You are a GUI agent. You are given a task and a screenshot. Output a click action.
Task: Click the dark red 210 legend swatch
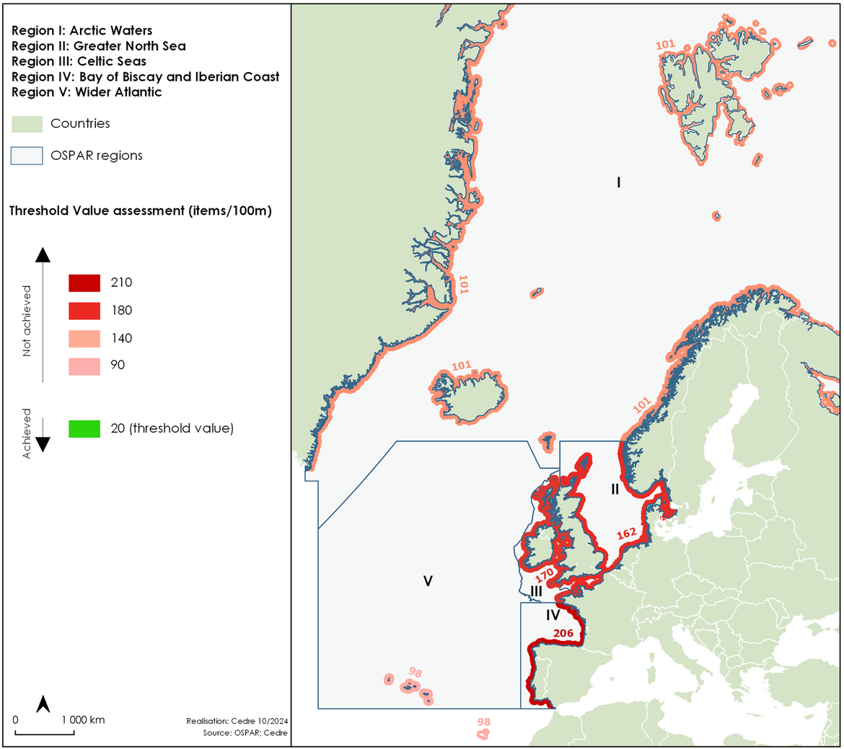point(84,283)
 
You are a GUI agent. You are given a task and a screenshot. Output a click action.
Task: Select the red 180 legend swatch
point(84,311)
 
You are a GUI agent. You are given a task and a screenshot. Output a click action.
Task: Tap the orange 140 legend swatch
point(84,338)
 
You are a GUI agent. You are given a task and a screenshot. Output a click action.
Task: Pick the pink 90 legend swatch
point(84,365)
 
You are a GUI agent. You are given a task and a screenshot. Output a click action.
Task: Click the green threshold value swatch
point(84,428)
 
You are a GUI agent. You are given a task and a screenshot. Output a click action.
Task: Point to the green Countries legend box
point(27,124)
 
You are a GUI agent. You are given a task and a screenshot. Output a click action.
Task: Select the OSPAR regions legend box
point(27,156)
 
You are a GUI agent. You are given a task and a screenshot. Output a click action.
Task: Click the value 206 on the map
point(563,634)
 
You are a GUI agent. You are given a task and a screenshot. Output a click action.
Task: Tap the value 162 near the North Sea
point(626,533)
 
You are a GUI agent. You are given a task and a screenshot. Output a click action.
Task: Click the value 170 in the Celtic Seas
point(545,575)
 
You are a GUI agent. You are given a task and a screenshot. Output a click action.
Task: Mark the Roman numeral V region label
point(428,581)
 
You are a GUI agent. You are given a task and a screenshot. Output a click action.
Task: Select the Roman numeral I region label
point(618,182)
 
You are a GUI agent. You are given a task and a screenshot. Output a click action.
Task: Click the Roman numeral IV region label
point(553,615)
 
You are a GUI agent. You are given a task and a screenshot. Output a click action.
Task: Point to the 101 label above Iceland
point(462,366)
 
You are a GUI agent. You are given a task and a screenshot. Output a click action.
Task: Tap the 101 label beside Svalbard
point(665,45)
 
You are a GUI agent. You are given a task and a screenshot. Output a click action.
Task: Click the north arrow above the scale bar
point(43,704)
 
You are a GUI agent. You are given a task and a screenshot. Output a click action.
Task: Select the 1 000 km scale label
point(83,719)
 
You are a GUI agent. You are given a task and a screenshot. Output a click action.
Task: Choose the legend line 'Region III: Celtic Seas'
point(79,61)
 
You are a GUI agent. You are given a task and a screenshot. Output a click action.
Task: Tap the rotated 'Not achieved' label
point(27,321)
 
